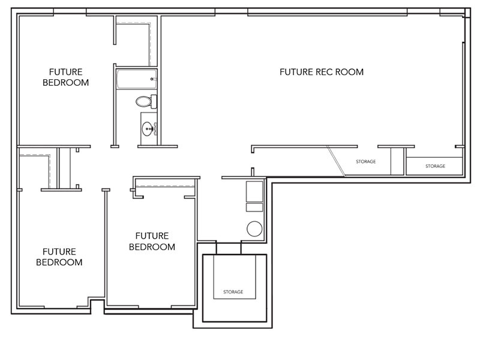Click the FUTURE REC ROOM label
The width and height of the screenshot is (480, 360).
click(322, 72)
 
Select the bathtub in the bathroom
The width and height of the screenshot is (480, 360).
click(137, 79)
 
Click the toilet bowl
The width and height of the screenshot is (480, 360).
click(143, 101)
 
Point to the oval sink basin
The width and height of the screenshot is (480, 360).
click(148, 129)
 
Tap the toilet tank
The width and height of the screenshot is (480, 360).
click(154, 101)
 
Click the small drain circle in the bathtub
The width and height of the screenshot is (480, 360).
click(152, 79)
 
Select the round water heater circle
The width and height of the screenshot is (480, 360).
click(254, 229)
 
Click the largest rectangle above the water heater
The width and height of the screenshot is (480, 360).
click(254, 191)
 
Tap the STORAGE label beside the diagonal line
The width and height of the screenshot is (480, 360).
click(366, 161)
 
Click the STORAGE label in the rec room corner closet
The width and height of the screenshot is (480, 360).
click(436, 166)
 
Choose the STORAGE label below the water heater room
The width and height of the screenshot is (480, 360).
click(233, 292)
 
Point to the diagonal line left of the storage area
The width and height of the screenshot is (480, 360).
click(336, 161)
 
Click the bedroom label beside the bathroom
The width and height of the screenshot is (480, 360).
click(65, 77)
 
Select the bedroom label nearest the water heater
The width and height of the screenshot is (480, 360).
click(152, 241)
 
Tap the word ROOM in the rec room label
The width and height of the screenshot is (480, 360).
click(349, 72)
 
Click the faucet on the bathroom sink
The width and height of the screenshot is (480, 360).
click(155, 129)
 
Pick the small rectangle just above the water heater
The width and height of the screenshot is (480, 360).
click(254, 207)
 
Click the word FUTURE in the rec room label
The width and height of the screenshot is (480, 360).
click(296, 72)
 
